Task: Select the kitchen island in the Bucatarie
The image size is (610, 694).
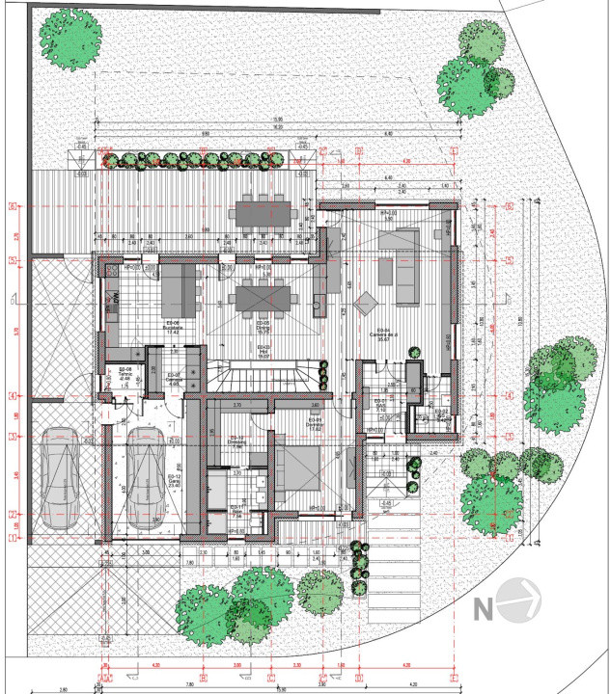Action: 177,286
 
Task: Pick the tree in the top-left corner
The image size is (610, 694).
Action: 68,40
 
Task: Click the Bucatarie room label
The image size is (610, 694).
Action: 174,328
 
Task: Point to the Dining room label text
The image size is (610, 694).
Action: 262,328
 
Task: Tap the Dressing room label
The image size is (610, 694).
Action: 236,442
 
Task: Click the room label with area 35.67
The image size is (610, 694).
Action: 389,334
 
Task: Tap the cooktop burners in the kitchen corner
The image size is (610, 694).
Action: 112,296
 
